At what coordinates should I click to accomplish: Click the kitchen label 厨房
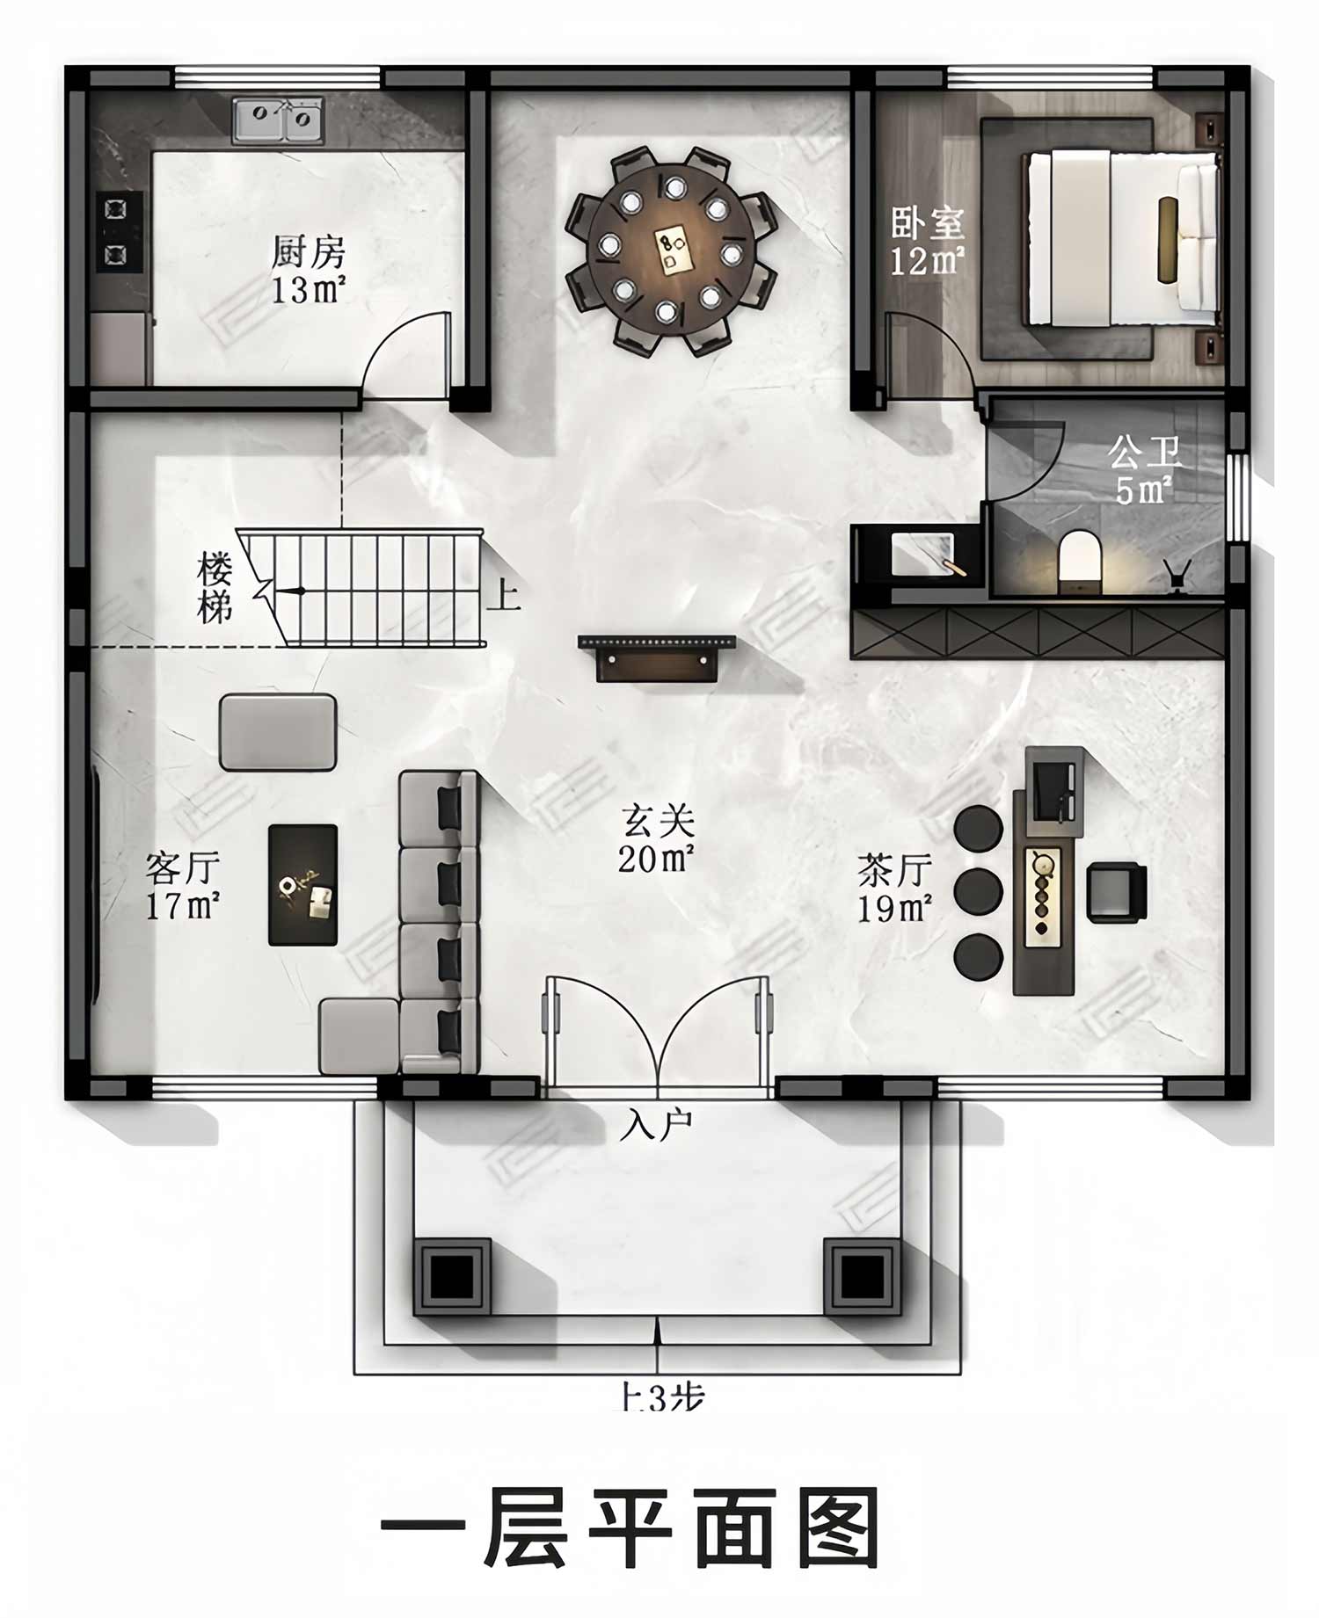[308, 252]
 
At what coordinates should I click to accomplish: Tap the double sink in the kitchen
[279, 120]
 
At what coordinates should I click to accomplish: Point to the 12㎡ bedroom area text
[927, 261]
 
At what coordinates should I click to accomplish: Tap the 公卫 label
[1143, 453]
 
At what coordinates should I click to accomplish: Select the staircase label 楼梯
[215, 587]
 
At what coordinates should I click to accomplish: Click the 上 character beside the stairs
[504, 595]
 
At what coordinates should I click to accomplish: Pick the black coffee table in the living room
[302, 885]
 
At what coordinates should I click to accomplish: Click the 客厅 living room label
[183, 868]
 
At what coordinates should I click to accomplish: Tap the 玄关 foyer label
[658, 822]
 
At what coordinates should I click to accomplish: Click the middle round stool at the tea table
[978, 892]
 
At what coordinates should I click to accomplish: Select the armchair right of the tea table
[1117, 893]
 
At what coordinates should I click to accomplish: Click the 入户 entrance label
[656, 1124]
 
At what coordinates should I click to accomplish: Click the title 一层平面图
[630, 1528]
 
